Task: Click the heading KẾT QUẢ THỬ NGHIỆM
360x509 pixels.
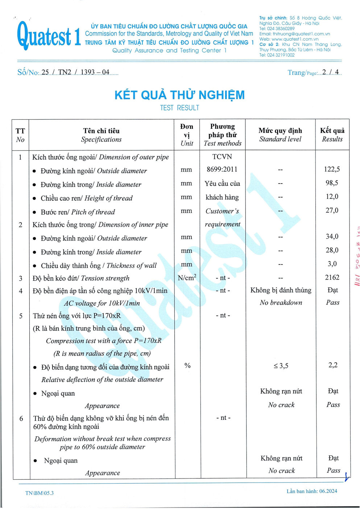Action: click(179, 95)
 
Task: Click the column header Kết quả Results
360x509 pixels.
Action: click(332, 135)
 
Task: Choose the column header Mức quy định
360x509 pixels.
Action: click(280, 131)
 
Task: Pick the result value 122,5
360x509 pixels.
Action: click(332, 169)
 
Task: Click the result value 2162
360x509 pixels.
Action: click(332, 278)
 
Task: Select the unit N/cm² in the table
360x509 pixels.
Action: click(187, 278)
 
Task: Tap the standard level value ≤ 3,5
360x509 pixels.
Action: click(281, 366)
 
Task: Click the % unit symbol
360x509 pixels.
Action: click(187, 365)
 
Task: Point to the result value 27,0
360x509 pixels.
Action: click(332, 210)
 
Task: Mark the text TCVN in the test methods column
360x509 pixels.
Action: click(222, 157)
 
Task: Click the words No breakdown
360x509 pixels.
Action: click(281, 303)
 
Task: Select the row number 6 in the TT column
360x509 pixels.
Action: click(21, 418)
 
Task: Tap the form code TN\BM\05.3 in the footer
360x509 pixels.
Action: click(40, 493)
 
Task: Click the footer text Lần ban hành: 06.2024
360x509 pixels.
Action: click(312, 491)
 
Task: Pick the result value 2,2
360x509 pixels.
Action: click(333, 365)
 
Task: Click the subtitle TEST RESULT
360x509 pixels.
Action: click(179, 108)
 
